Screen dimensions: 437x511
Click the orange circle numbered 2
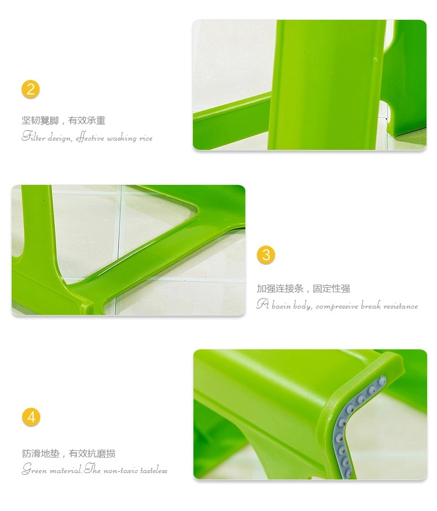(x=31, y=90)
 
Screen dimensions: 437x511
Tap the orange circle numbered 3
(x=266, y=254)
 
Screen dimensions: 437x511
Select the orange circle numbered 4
(x=31, y=417)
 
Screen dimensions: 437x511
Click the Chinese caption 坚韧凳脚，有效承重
(x=64, y=121)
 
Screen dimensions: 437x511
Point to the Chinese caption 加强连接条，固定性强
(x=304, y=289)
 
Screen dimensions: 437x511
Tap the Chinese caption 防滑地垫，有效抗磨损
(x=69, y=453)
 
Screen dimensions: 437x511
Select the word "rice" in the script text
(x=146, y=138)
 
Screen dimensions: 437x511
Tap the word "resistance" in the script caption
(x=400, y=306)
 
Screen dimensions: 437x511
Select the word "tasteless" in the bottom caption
(x=154, y=470)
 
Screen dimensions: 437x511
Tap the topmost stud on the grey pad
(x=382, y=380)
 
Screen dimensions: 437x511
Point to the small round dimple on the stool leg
(x=375, y=60)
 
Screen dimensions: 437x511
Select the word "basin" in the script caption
(x=282, y=305)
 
